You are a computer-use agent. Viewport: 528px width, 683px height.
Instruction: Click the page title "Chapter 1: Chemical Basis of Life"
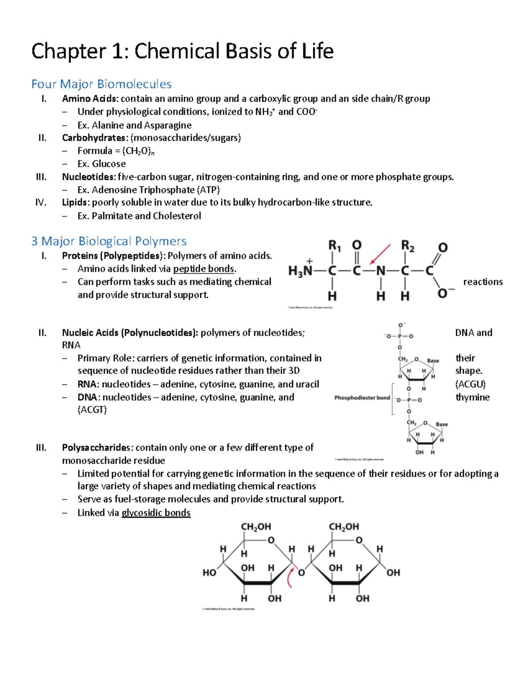(182, 51)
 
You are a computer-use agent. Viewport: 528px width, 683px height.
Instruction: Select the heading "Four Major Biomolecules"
(101, 84)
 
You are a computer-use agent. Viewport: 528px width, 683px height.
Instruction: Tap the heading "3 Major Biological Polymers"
(109, 241)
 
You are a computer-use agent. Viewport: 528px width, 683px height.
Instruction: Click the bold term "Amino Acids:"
(90, 99)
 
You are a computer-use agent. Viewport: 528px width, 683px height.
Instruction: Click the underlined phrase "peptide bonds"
(204, 269)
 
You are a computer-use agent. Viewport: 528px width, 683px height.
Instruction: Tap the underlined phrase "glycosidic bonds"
(156, 513)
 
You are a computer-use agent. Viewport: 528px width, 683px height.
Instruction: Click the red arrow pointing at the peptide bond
(381, 255)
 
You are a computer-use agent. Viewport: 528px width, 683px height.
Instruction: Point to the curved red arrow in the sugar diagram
(290, 577)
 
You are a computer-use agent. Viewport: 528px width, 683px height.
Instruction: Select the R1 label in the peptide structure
(334, 246)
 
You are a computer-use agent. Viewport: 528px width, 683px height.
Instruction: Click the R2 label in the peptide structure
(407, 246)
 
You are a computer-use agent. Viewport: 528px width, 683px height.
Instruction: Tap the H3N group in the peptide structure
(301, 270)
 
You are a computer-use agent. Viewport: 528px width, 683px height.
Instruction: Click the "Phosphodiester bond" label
(362, 398)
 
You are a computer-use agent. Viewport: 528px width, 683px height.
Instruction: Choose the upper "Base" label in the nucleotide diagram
(433, 361)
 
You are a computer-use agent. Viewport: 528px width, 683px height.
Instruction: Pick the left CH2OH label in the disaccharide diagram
(256, 526)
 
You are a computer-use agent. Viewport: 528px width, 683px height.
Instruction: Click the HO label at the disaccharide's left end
(209, 573)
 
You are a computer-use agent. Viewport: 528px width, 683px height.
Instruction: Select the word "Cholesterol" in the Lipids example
(177, 216)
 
